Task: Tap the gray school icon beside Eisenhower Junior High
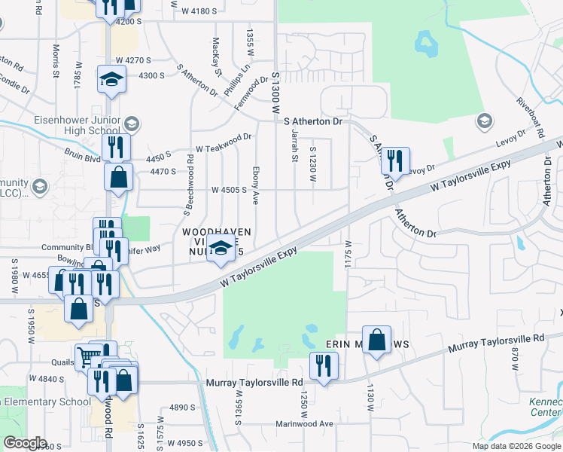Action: (132, 124)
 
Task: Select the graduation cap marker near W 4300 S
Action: (111, 80)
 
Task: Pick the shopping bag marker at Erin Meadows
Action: (377, 341)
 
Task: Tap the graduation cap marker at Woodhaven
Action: (221, 249)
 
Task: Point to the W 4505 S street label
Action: (230, 190)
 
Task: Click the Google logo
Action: (25, 443)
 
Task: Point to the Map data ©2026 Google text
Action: (516, 446)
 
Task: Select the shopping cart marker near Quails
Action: (90, 355)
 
